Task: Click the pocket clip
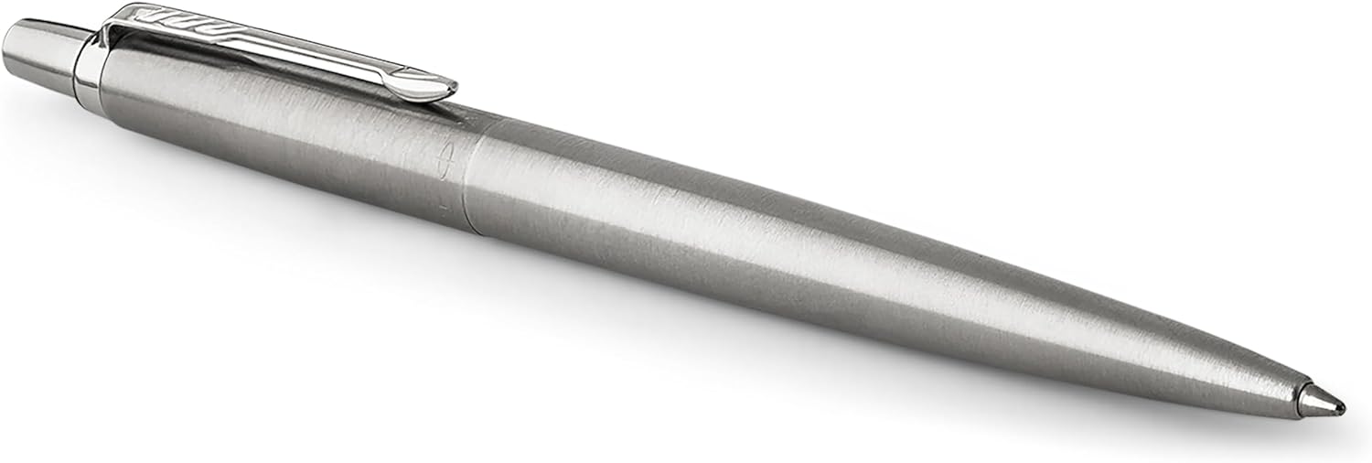274,50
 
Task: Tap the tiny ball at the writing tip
1342,405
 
